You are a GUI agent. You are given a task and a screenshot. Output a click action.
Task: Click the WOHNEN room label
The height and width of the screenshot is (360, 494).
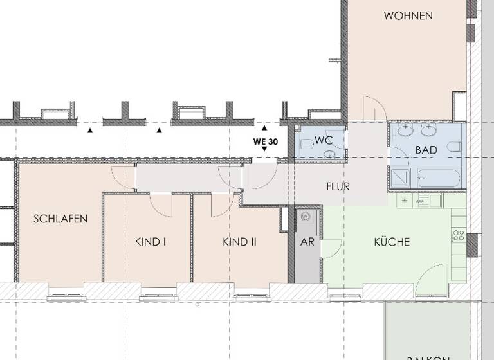coord(408,15)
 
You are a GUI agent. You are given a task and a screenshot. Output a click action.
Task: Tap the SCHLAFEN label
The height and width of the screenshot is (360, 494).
coord(60,219)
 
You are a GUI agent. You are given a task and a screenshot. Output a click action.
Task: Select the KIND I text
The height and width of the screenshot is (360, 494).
coord(151,242)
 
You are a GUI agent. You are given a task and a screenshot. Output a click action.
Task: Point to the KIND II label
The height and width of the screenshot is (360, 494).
coord(239,242)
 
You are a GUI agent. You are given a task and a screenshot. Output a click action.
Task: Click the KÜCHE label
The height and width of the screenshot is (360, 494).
coord(392,242)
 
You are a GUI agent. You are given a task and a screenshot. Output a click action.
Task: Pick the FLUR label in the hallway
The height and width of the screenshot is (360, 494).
coord(338,188)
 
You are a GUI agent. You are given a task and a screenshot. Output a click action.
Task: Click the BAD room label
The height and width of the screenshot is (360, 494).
coord(426,150)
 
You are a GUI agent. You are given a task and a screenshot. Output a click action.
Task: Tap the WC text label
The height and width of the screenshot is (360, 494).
coord(324,139)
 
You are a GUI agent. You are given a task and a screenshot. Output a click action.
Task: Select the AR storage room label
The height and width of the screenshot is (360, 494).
coord(308,242)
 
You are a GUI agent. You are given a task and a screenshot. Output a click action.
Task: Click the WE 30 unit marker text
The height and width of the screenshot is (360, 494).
coord(265,141)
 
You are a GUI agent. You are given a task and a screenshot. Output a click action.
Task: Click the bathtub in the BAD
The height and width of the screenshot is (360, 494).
coord(439,176)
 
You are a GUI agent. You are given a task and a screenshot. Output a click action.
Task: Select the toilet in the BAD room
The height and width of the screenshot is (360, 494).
coord(453,148)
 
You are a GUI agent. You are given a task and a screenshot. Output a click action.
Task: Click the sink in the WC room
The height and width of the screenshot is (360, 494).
coord(330,154)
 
